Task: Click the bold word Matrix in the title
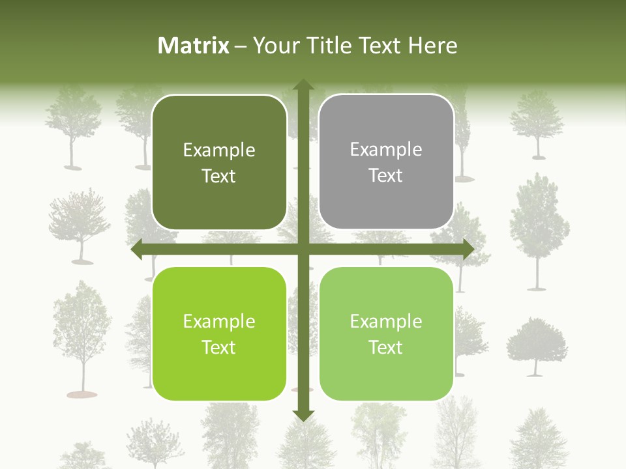tap(194, 46)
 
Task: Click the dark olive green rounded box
tap(219, 162)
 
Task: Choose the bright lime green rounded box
tap(219, 334)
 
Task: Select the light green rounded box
tap(386, 334)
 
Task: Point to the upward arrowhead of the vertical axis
tap(303, 85)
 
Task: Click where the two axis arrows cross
tap(303, 249)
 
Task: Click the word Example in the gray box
tap(386, 150)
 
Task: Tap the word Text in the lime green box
tap(219, 347)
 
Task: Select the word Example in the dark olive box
tap(219, 150)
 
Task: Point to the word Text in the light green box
tap(386, 347)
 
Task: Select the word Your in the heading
tap(273, 46)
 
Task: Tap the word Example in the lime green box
tap(219, 322)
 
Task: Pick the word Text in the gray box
tap(386, 175)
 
